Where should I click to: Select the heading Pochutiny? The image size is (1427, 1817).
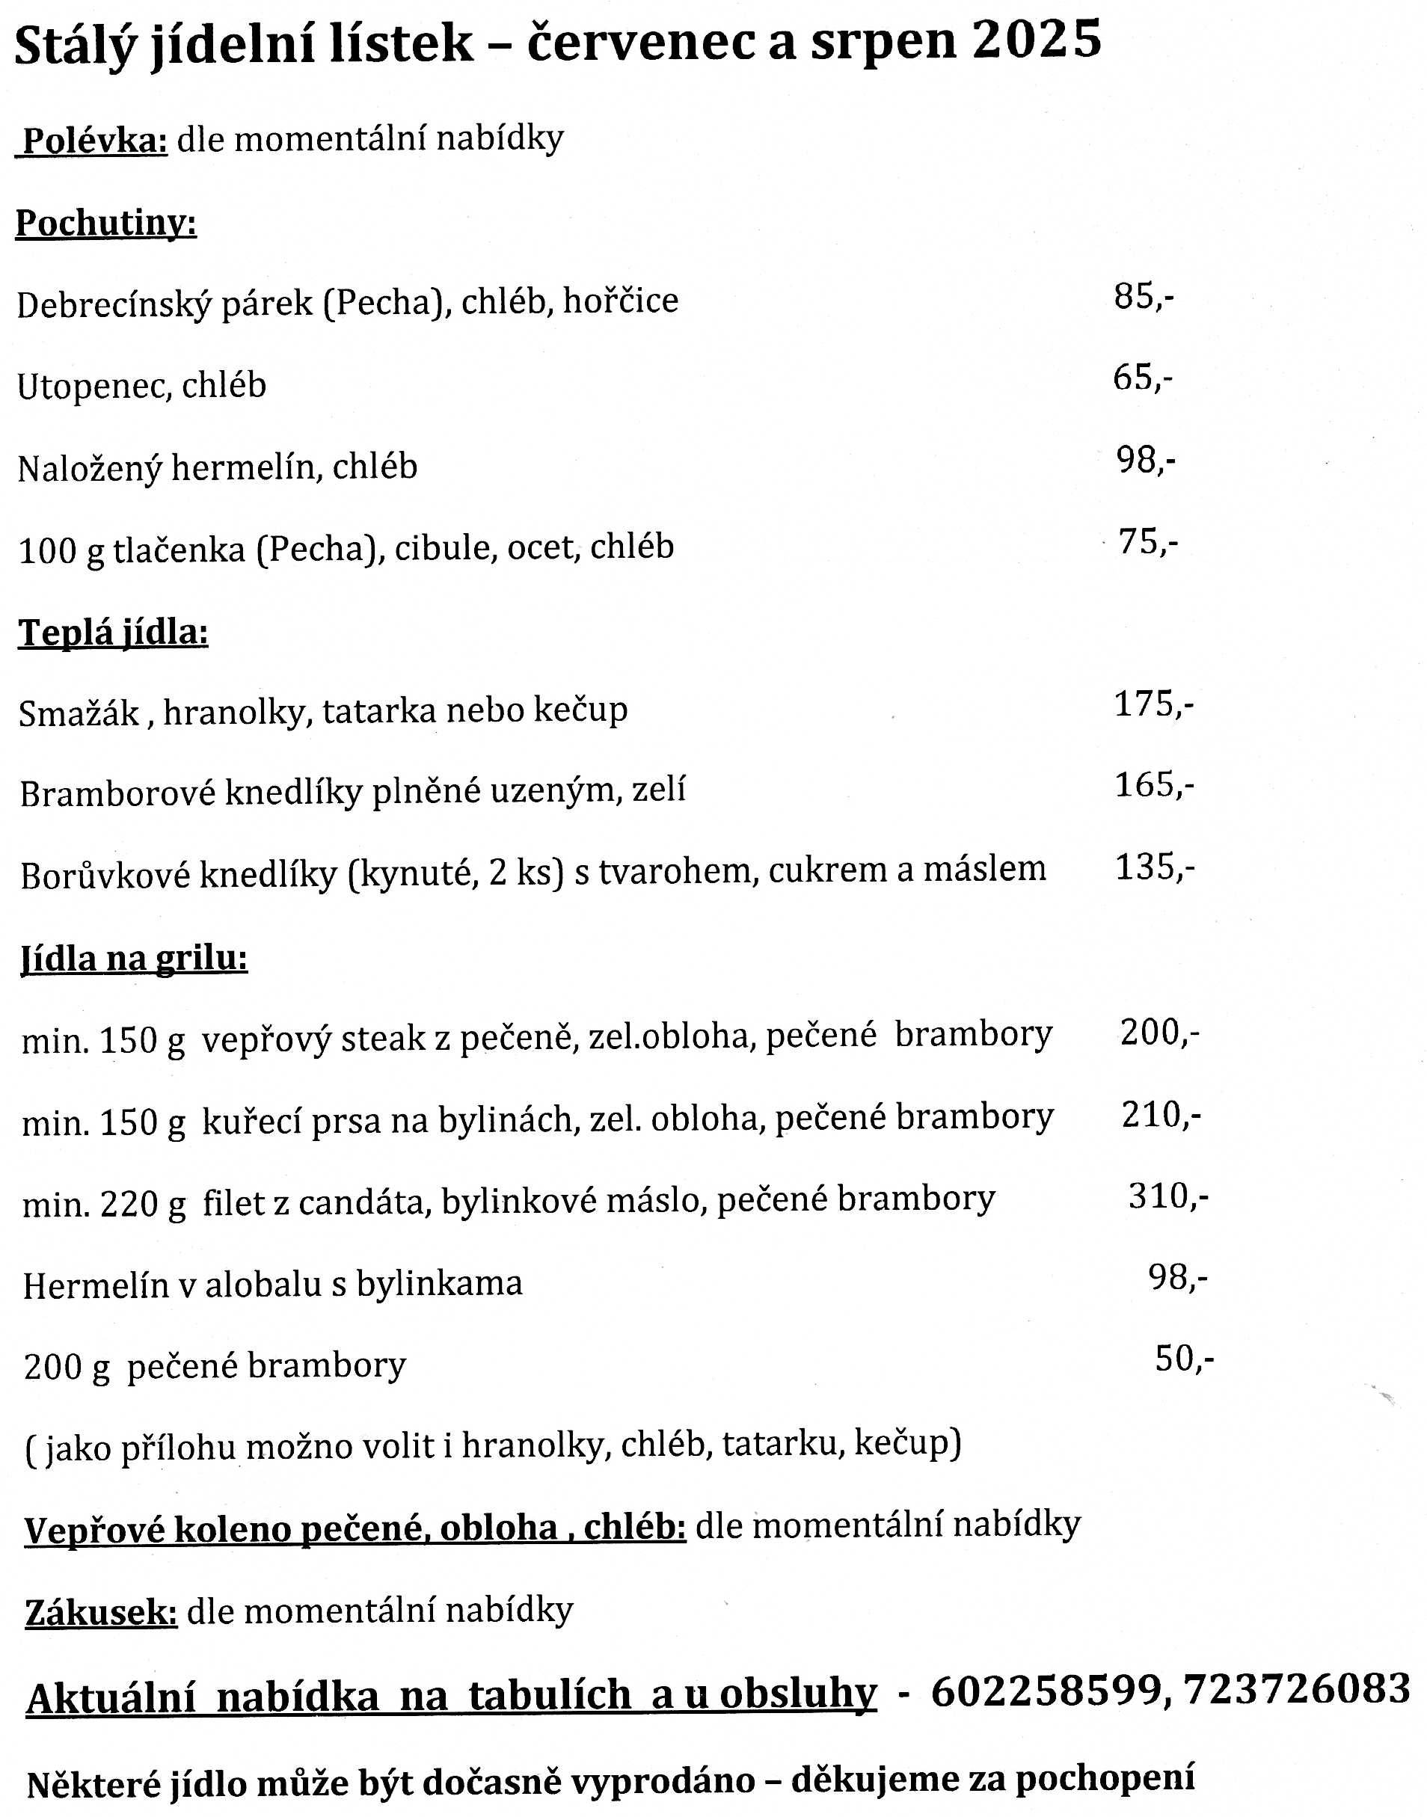106,223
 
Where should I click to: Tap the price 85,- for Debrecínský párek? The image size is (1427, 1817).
1143,297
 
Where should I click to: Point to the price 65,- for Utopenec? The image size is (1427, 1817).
1142,378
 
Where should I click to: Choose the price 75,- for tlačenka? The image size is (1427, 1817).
1148,542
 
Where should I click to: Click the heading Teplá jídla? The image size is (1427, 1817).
114,633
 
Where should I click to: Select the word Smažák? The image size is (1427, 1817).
79,713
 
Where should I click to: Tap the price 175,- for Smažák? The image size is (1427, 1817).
1153,705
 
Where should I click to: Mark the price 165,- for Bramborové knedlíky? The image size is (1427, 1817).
1154,785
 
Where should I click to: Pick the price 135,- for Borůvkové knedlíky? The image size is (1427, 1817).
1155,868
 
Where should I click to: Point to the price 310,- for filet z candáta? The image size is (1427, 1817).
1167,1196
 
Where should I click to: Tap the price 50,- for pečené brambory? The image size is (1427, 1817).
1184,1359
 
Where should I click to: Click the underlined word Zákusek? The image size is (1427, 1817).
101,1611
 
